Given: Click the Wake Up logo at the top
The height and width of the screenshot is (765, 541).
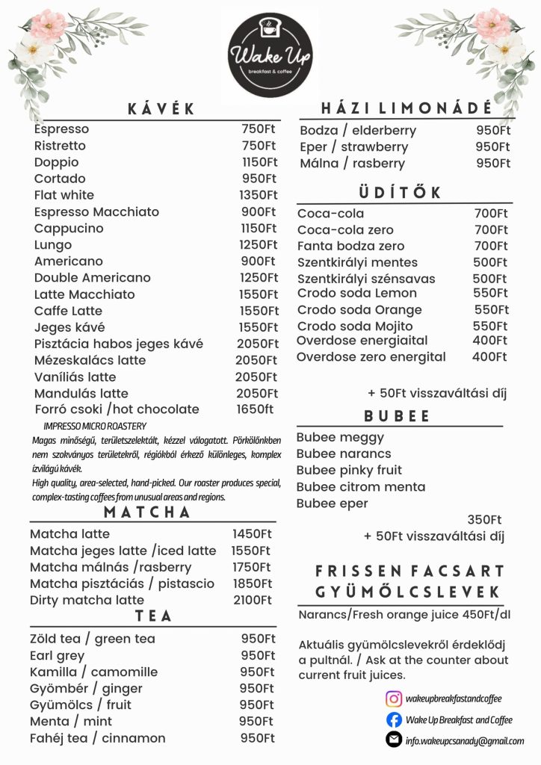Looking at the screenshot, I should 270,55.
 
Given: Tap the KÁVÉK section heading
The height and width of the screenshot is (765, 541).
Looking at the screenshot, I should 161,109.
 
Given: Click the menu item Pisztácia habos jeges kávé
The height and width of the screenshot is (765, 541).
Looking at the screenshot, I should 119,344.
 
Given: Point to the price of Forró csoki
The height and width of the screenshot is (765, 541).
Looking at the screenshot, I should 255,409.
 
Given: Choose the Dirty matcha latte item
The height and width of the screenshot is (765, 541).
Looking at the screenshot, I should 87,600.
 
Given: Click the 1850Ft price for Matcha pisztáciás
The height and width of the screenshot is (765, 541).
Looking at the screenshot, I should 252,583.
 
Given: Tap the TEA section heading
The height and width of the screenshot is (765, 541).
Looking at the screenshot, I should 153,616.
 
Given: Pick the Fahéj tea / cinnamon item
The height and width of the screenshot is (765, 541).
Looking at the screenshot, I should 98,738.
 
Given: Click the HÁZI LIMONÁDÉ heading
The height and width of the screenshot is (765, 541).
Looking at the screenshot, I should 406,108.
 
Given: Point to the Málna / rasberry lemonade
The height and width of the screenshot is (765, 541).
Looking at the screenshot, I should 352,164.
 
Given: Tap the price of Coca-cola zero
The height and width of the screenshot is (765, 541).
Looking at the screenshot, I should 490,229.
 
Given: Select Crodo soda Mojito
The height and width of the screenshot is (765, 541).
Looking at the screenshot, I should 355,326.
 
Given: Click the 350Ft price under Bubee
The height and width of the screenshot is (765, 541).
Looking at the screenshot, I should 484,520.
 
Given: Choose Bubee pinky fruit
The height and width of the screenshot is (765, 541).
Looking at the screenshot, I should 349,470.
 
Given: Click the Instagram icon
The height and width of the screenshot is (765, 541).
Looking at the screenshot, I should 394,699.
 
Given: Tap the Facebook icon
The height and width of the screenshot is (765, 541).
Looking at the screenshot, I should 394,719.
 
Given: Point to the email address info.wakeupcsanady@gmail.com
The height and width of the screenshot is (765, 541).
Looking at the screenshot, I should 464,740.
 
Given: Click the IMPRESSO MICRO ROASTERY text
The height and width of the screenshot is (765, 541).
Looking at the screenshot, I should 95,425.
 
